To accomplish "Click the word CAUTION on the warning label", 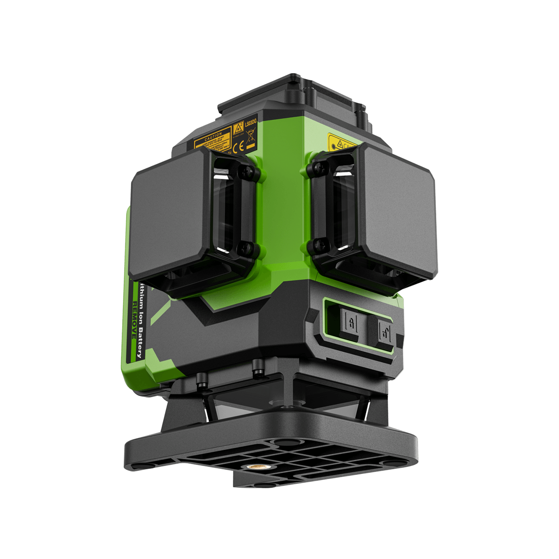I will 214,135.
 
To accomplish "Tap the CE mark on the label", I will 236,150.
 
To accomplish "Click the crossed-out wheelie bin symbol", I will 249,137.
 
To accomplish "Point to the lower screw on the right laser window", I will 318,243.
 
